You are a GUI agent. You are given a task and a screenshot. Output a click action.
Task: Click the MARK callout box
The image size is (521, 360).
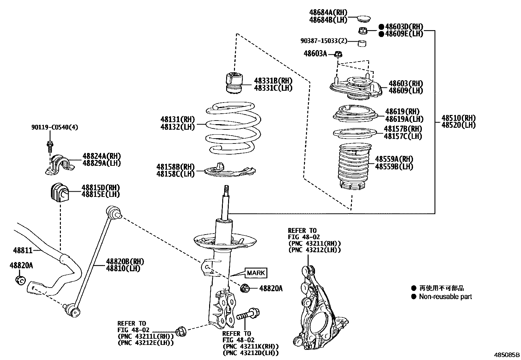(x=257, y=273)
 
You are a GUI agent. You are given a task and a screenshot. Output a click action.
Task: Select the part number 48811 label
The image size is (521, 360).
(x=23, y=251)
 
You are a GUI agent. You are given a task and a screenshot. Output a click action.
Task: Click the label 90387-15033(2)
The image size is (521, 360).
(x=324, y=41)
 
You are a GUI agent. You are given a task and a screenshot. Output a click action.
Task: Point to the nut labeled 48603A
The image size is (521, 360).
(x=338, y=54)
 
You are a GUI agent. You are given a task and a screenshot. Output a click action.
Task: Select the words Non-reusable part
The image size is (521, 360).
(x=445, y=297)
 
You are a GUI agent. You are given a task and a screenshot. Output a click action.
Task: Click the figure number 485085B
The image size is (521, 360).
(x=507, y=355)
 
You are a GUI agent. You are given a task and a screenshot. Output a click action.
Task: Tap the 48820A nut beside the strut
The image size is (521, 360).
(x=245, y=288)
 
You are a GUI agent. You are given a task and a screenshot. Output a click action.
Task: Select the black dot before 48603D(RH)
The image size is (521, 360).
(x=381, y=27)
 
